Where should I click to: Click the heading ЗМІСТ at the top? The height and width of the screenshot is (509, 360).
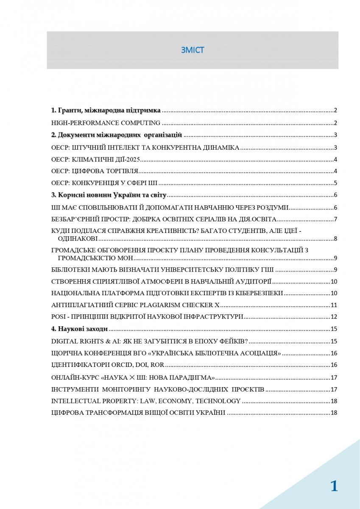[x=192, y=50]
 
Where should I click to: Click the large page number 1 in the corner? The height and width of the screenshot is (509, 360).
[x=334, y=486]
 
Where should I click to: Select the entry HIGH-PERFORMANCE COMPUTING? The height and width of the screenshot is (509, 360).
[x=106, y=123]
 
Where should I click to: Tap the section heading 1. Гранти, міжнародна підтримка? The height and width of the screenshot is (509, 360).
[x=106, y=110]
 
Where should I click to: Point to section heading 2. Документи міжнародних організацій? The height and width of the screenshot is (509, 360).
[x=117, y=135]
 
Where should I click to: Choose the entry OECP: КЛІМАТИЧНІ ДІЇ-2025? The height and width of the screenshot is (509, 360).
[x=95, y=160]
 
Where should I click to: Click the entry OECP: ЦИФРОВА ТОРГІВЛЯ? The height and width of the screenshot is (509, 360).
[x=95, y=172]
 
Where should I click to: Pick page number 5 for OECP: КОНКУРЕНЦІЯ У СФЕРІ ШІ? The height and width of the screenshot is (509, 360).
[x=335, y=183]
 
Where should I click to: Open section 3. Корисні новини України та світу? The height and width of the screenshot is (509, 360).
[x=109, y=195]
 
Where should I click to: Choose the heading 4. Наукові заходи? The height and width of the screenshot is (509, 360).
[x=79, y=329]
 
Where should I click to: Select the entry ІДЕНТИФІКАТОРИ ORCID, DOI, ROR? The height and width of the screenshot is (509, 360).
[x=107, y=365]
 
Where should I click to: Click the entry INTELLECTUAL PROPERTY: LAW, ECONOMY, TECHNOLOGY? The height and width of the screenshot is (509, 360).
[x=146, y=401]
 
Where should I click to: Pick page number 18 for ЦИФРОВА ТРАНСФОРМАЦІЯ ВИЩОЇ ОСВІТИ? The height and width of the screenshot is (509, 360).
[x=333, y=413]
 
